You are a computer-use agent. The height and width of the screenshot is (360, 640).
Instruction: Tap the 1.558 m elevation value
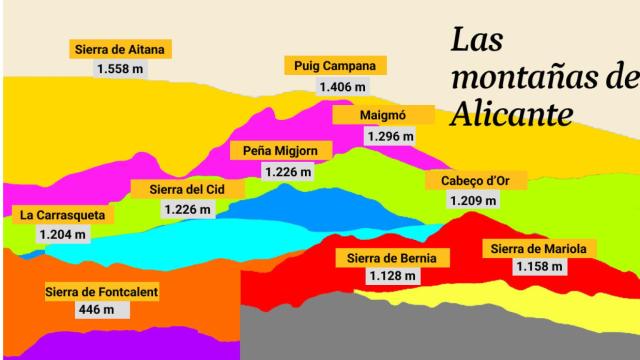121,69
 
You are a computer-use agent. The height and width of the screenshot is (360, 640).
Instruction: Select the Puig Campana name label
334,66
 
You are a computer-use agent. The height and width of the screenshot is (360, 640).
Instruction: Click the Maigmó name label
382,115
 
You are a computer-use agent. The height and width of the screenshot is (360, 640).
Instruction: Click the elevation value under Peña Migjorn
288,172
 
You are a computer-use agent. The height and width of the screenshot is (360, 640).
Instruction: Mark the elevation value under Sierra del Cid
187,209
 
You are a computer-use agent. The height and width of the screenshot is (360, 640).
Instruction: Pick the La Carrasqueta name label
62,214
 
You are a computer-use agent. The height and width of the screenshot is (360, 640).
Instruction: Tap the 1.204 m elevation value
63,235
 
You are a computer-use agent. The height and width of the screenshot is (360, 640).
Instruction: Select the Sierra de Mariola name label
539,248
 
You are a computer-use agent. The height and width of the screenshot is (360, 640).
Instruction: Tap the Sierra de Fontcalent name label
102,292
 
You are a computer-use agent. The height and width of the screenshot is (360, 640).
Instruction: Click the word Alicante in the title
511,112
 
